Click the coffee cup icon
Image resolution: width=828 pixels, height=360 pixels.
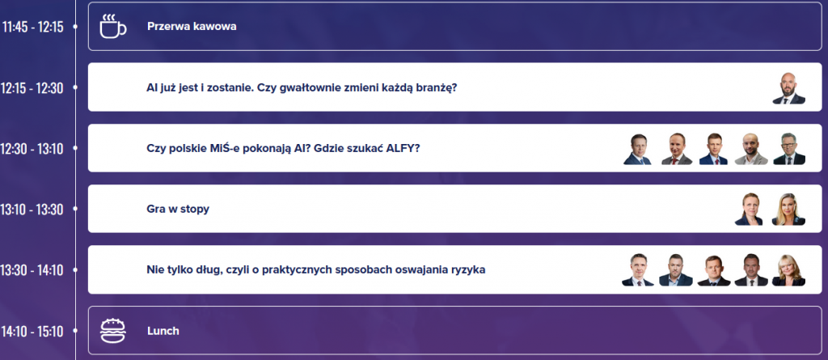click(x=113, y=27)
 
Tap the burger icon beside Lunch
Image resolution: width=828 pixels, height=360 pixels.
click(x=113, y=330)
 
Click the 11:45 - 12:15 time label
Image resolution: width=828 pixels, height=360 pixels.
click(x=32, y=27)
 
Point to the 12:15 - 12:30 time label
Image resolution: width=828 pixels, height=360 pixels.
click(x=32, y=87)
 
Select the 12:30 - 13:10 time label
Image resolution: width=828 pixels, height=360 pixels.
click(x=32, y=149)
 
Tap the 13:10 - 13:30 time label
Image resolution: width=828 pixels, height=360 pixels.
click(x=32, y=210)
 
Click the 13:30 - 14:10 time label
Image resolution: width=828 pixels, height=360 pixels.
click(x=32, y=270)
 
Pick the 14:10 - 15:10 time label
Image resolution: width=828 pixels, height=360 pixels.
click(x=32, y=332)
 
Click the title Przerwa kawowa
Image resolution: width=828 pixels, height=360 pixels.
click(x=192, y=27)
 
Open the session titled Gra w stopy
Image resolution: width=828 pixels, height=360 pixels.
click(x=178, y=210)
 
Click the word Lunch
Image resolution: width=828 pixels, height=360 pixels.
click(x=163, y=331)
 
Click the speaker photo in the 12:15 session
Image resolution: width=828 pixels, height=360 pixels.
click(x=789, y=87)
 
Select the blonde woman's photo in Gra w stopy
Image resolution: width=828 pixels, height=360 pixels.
click(x=788, y=210)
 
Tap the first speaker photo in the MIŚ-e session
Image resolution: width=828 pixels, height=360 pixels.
click(x=637, y=149)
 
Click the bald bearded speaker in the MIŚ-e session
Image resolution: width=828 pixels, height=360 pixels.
click(x=751, y=149)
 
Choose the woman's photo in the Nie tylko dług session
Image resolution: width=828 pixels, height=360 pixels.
click(x=788, y=270)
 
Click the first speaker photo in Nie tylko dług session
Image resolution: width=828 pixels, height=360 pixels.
click(x=637, y=270)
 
